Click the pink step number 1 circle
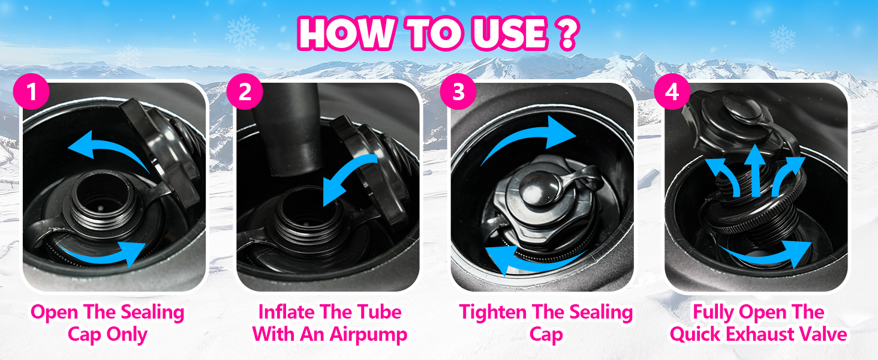coord(31,91)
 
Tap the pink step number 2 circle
coord(245,91)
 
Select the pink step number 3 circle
coord(458,91)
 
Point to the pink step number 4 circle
coord(672,91)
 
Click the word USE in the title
coord(511,34)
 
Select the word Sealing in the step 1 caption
coord(152,313)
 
